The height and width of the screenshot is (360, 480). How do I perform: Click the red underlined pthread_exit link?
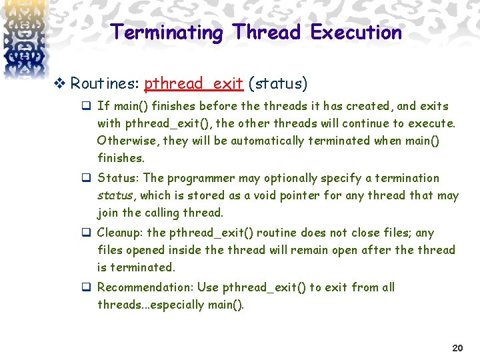[193, 84]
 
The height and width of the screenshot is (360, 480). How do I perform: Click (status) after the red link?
[277, 84]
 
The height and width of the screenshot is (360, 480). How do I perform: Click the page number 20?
[457, 348]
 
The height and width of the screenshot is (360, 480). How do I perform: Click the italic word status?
[116, 195]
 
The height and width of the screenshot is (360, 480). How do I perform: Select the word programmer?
[197, 178]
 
